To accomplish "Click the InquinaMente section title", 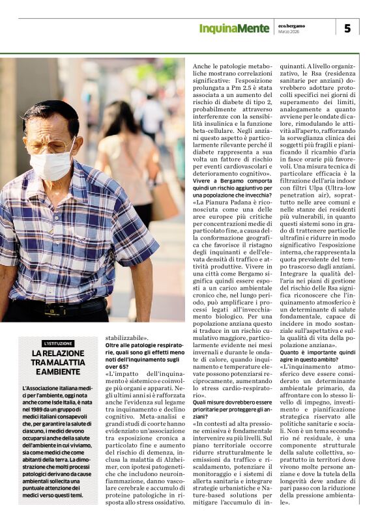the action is (234, 29).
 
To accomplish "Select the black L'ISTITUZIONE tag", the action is (58, 344).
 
